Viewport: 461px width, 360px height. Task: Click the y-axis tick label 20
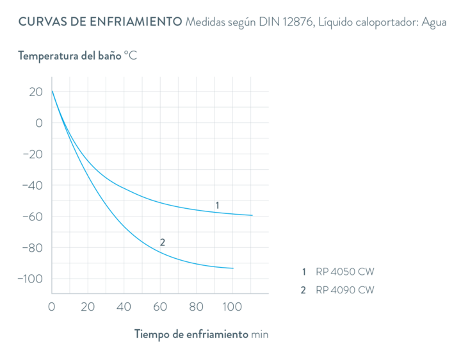click(36, 92)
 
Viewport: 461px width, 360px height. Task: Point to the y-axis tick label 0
click(38, 123)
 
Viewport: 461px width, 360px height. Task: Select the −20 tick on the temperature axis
click(32, 154)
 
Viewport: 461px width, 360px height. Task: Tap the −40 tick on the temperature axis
click(32, 186)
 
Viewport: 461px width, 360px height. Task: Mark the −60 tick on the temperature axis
click(32, 217)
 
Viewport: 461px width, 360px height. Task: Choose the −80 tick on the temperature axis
click(32, 248)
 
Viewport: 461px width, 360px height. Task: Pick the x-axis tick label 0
click(52, 306)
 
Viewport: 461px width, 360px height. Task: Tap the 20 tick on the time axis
click(88, 306)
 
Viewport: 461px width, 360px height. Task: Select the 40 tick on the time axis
click(124, 306)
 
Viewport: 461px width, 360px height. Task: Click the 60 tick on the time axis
click(161, 306)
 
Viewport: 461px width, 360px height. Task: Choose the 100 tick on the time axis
click(232, 306)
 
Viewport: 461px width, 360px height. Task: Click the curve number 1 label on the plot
click(217, 205)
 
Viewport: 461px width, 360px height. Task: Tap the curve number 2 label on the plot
click(163, 241)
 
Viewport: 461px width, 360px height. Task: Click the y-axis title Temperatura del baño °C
click(77, 56)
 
